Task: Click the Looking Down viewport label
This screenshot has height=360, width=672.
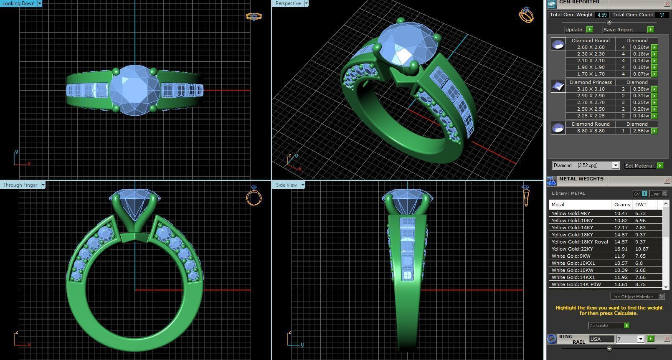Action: pyautogui.click(x=19, y=3)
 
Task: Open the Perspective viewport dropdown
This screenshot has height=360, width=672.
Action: pyautogui.click(x=306, y=3)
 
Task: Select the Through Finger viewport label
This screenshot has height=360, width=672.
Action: pyautogui.click(x=20, y=185)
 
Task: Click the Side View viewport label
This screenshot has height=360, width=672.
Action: pyautogui.click(x=286, y=185)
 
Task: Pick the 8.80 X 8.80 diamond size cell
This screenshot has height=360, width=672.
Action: pyautogui.click(x=591, y=131)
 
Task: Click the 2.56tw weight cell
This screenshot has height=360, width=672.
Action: pyautogui.click(x=641, y=131)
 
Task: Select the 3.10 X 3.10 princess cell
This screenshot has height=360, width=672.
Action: pyautogui.click(x=591, y=89)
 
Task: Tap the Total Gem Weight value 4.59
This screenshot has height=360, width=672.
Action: pyautogui.click(x=602, y=15)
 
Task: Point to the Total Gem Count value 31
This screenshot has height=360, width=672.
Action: pyautogui.click(x=662, y=15)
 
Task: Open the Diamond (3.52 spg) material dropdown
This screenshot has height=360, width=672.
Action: pyautogui.click(x=615, y=165)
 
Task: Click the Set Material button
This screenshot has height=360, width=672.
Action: pyautogui.click(x=639, y=166)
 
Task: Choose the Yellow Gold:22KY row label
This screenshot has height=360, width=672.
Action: pyautogui.click(x=572, y=249)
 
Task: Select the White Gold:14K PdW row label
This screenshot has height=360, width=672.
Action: pyautogui.click(x=576, y=284)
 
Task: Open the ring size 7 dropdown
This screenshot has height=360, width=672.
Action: pyautogui.click(x=640, y=339)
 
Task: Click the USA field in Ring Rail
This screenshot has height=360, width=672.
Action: pyautogui.click(x=601, y=339)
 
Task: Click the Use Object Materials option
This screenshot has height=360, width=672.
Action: pyautogui.click(x=633, y=297)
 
